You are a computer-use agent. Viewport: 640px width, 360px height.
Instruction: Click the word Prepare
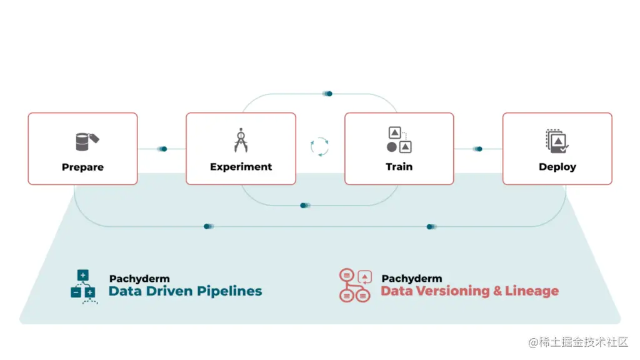(82, 167)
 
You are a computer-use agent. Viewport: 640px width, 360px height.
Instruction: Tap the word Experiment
(241, 167)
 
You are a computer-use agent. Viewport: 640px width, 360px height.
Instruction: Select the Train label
(399, 167)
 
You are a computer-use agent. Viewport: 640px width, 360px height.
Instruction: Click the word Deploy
(557, 167)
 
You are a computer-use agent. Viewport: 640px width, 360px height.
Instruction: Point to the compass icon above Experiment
(241, 140)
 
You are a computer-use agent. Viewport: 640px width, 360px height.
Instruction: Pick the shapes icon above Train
(399, 140)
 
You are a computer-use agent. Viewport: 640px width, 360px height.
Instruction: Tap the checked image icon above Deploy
(556, 141)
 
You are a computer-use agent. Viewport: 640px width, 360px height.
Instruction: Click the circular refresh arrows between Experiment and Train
(319, 146)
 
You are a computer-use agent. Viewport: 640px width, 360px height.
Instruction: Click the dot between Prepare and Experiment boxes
(164, 149)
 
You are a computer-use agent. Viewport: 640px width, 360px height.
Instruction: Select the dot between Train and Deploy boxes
(479, 149)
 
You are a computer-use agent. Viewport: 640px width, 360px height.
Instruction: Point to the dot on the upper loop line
(329, 94)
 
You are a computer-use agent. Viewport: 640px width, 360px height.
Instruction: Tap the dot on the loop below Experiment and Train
(303, 205)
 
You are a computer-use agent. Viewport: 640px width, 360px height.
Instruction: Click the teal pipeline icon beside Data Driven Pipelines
(83, 286)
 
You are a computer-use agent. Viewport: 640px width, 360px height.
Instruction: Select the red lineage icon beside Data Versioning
(355, 286)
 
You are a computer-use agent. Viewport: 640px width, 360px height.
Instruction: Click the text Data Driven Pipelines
(185, 291)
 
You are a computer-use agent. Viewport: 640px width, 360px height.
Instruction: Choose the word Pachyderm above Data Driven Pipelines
(139, 279)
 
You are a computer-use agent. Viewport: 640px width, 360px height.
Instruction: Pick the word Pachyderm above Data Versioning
(411, 279)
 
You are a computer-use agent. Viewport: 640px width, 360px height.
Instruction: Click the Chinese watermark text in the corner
(578, 342)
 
